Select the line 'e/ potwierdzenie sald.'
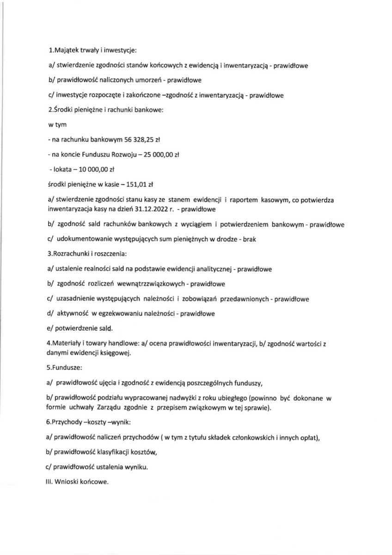[x=80, y=329]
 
